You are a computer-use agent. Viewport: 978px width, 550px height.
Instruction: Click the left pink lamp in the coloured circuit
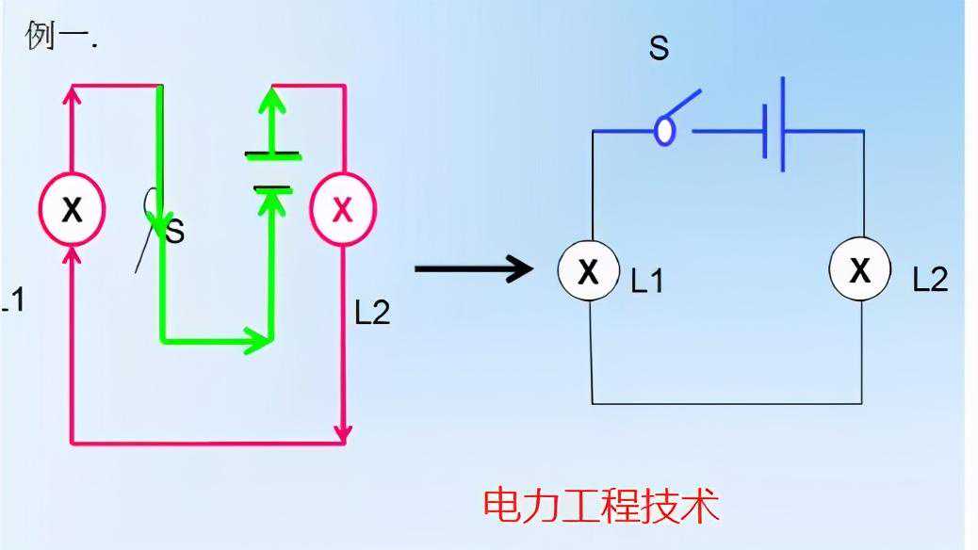point(72,209)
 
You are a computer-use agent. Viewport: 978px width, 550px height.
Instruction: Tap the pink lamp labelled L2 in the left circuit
point(343,209)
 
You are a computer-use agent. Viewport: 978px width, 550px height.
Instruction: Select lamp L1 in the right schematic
point(589,271)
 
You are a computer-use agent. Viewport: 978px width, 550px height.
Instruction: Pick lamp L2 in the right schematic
point(859,270)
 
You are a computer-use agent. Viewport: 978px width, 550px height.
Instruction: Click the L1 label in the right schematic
point(647,281)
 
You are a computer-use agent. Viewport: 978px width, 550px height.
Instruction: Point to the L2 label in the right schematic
point(930,280)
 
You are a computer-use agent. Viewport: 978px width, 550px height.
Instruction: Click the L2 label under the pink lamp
point(372,313)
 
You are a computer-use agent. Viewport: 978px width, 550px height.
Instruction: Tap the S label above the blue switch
point(659,49)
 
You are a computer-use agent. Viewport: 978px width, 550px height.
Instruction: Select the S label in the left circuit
point(175,231)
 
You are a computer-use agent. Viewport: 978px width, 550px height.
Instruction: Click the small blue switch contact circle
point(665,131)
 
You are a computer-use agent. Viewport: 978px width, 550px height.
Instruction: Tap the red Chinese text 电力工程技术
point(601,506)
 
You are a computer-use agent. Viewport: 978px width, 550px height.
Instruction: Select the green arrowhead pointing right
point(259,338)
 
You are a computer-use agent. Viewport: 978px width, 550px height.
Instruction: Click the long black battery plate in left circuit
point(273,154)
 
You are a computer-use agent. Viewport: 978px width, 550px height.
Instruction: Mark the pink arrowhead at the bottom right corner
point(344,432)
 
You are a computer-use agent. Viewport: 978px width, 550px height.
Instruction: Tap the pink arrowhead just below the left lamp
point(72,256)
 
